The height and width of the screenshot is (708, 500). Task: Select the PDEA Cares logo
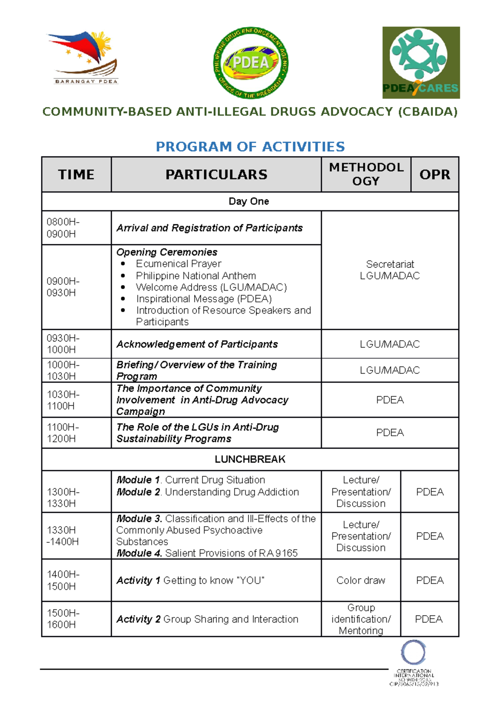[x=421, y=63]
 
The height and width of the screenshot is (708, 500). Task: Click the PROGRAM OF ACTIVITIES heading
[x=250, y=147]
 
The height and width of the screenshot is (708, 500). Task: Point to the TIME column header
[x=76, y=174]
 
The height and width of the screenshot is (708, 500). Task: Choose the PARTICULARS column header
[x=216, y=174]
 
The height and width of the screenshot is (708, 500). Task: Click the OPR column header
[x=435, y=174]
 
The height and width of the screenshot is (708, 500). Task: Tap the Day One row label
[x=249, y=201]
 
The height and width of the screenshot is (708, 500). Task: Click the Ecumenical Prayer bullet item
[x=178, y=264]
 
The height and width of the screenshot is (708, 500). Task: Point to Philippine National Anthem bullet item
[x=196, y=276]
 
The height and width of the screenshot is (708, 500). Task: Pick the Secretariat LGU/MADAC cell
[x=390, y=270]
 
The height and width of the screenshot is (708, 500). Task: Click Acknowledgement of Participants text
[x=197, y=344]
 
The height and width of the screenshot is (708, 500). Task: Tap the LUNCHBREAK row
[x=250, y=459]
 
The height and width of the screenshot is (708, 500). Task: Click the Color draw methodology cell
[x=361, y=580]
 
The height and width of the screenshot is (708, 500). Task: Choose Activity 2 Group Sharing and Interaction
[x=207, y=619]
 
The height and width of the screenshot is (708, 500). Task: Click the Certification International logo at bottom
[x=413, y=663]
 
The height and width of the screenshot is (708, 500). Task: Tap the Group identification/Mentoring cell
[x=361, y=619]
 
